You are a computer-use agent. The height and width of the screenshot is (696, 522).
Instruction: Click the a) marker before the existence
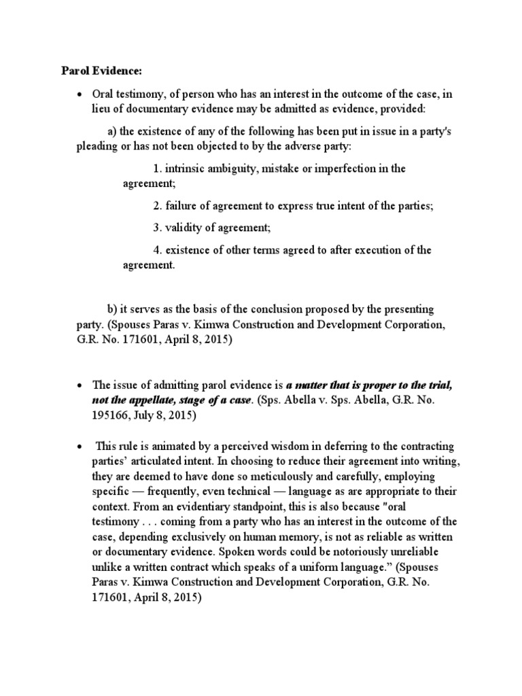114,130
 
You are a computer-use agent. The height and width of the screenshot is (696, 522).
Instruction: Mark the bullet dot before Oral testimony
80,95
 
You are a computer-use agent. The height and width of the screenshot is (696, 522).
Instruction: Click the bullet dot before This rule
80,447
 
